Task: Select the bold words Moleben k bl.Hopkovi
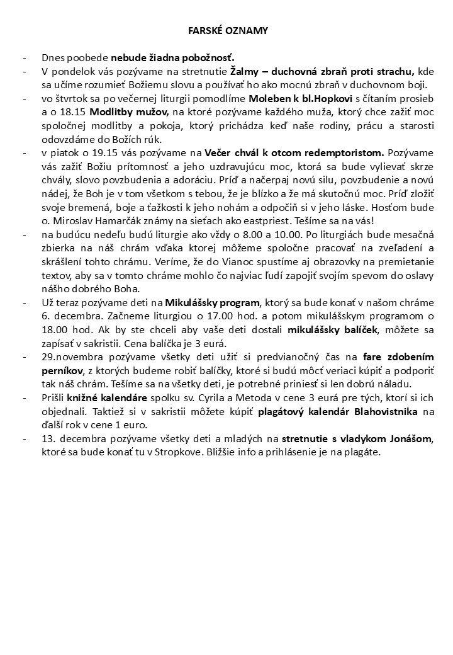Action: pyautogui.click(x=293, y=99)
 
